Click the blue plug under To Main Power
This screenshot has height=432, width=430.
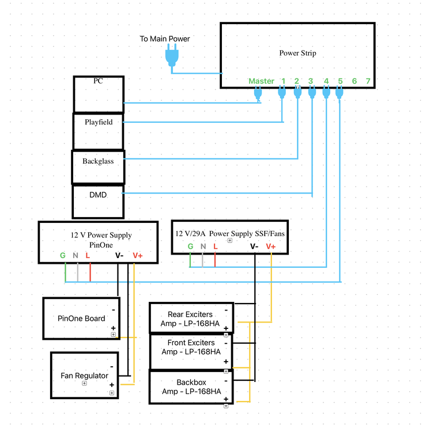point(172,55)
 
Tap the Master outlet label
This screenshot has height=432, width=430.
point(261,81)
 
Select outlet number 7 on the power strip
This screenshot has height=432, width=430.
point(368,81)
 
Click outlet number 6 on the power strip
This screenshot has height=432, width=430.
point(354,81)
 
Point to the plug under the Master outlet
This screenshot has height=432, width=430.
point(258,93)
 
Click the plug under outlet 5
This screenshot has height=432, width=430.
point(340,92)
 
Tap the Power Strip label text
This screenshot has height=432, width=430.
point(297,53)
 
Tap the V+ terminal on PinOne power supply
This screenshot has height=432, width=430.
point(138,256)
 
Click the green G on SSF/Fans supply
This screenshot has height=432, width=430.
point(190,247)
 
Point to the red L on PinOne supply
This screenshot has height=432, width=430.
point(88,256)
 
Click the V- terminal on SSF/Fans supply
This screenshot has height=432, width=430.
point(254,247)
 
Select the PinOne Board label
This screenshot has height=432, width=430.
point(81,319)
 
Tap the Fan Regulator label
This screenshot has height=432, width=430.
point(84,376)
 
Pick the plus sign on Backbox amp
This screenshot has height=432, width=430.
point(226,399)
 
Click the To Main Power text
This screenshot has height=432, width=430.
point(165,39)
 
